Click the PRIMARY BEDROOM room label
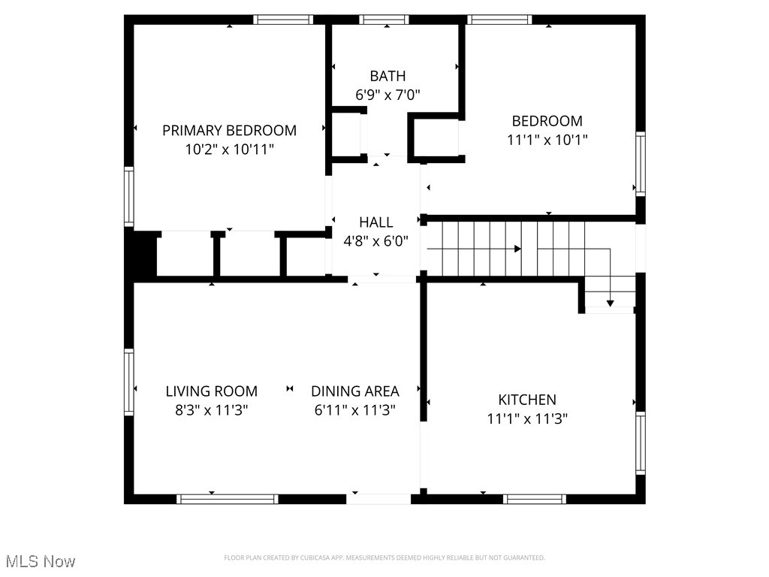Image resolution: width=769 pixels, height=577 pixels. pyautogui.click(x=229, y=130)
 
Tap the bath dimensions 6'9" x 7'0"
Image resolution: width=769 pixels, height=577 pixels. pyautogui.click(x=388, y=95)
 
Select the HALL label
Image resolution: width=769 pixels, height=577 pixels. pyautogui.click(x=375, y=222)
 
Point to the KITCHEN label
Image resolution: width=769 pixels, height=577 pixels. pyautogui.click(x=527, y=400)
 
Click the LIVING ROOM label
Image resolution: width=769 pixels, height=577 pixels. pyautogui.click(x=211, y=391)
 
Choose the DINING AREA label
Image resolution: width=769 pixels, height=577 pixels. pyautogui.click(x=354, y=391)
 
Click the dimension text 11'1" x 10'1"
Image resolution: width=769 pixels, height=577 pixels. pyautogui.click(x=547, y=140)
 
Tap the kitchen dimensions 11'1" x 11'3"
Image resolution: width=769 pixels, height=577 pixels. pyautogui.click(x=527, y=419)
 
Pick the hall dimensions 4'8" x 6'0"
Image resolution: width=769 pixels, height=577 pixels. pyautogui.click(x=375, y=241)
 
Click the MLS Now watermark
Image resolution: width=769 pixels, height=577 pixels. pyautogui.click(x=41, y=561)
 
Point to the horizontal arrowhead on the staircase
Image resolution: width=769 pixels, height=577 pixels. pyautogui.click(x=517, y=249)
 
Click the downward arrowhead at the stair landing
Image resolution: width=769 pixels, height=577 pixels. pyautogui.click(x=610, y=303)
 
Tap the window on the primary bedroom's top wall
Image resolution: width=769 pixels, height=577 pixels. pyautogui.click(x=282, y=20)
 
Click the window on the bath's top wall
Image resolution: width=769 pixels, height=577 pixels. pyautogui.click(x=384, y=20)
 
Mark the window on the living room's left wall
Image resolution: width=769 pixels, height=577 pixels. pyautogui.click(x=129, y=382)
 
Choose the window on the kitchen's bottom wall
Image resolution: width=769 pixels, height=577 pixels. pyautogui.click(x=535, y=499)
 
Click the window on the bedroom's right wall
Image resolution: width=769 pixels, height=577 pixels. pyautogui.click(x=640, y=164)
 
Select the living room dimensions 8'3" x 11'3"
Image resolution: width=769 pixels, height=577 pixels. pyautogui.click(x=211, y=410)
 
